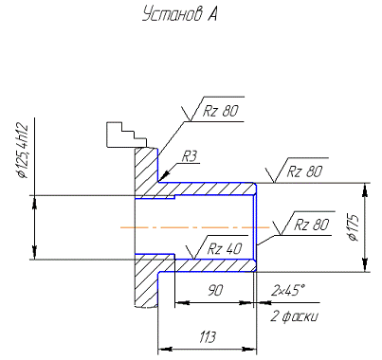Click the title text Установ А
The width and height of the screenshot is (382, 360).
click(179, 14)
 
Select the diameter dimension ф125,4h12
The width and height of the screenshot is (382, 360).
click(24, 152)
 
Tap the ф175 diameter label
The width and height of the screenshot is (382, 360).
click(354, 228)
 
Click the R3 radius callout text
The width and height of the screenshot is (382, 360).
click(190, 156)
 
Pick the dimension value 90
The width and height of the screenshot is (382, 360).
click(215, 290)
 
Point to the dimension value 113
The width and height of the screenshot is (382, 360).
click(208, 337)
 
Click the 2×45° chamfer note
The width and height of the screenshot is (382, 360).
click(288, 290)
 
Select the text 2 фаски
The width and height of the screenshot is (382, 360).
click(294, 316)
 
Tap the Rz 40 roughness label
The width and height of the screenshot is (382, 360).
click(225, 249)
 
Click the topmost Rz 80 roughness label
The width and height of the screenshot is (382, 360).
click(220, 111)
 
